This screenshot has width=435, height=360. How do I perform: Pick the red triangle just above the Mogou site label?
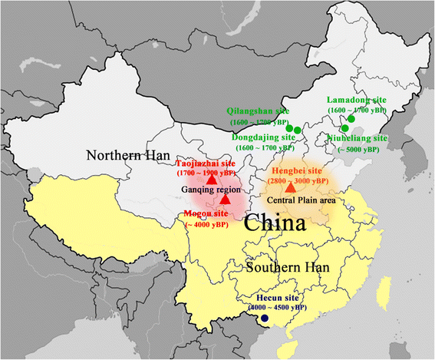click(224, 199)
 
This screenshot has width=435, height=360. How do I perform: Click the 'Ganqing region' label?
click(210, 190)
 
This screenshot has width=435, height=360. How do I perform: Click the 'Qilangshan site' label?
click(258, 111)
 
